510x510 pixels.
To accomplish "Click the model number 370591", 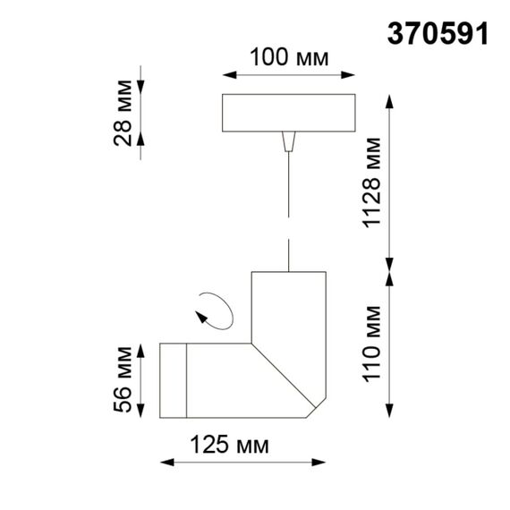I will (x=438, y=33).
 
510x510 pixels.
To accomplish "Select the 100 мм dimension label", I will (x=288, y=58).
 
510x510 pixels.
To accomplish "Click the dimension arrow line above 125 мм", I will (x=242, y=463).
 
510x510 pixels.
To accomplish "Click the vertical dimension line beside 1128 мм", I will (x=390, y=179).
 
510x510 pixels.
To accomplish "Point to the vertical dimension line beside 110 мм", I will (x=390, y=344).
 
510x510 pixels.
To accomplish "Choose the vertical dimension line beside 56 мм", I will (x=142, y=379).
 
